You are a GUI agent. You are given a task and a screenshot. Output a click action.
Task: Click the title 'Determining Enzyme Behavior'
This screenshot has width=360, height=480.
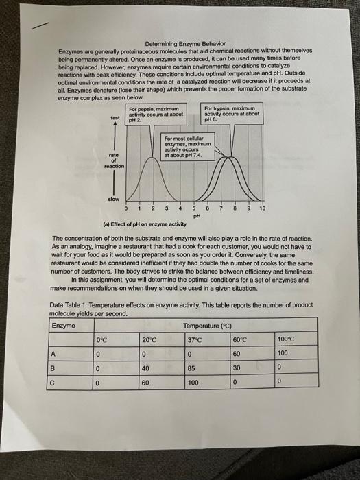pyautogui.click(x=184, y=44)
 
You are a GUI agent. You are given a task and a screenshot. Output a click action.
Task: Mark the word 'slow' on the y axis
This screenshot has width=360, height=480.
pyautogui.click(x=113, y=199)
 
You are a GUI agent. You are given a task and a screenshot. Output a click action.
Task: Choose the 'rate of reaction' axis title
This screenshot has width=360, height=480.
pyautogui.click(x=114, y=161)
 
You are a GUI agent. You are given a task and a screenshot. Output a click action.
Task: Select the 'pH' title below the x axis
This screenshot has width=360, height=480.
pyautogui.click(x=196, y=215)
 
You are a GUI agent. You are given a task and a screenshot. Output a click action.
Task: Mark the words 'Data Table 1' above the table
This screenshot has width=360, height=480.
pyautogui.click(x=70, y=304)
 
